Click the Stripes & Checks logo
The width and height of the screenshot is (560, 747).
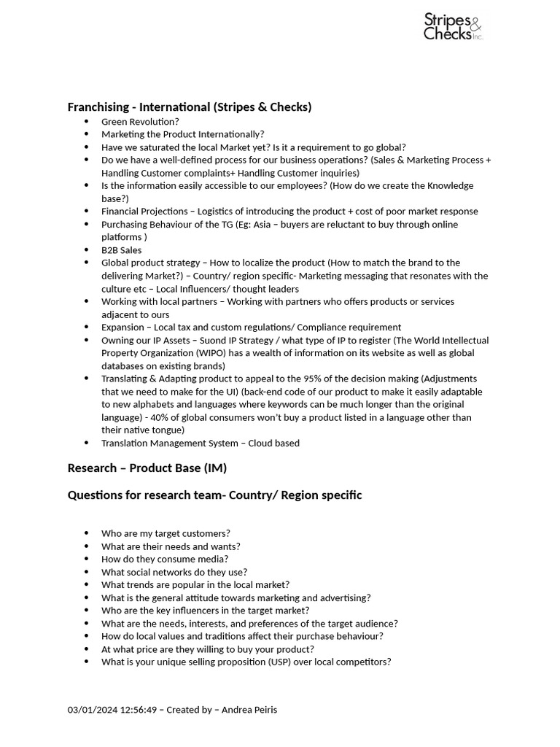pyautogui.click(x=453, y=27)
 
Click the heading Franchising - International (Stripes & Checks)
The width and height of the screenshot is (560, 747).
pyautogui.click(x=190, y=107)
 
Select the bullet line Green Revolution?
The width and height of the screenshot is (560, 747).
pyautogui.click(x=140, y=122)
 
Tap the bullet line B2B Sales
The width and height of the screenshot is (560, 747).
pyautogui.click(x=122, y=250)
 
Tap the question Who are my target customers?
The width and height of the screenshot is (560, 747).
pyautogui.click(x=166, y=533)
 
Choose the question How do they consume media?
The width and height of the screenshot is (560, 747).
pyautogui.click(x=165, y=559)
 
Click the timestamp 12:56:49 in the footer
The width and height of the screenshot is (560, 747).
pyautogui.click(x=139, y=710)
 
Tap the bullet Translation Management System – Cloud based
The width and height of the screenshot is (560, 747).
pyautogui.click(x=201, y=443)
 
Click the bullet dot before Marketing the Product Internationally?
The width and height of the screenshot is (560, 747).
pyautogui.click(x=87, y=134)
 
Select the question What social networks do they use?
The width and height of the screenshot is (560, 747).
pyautogui.click(x=174, y=572)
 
